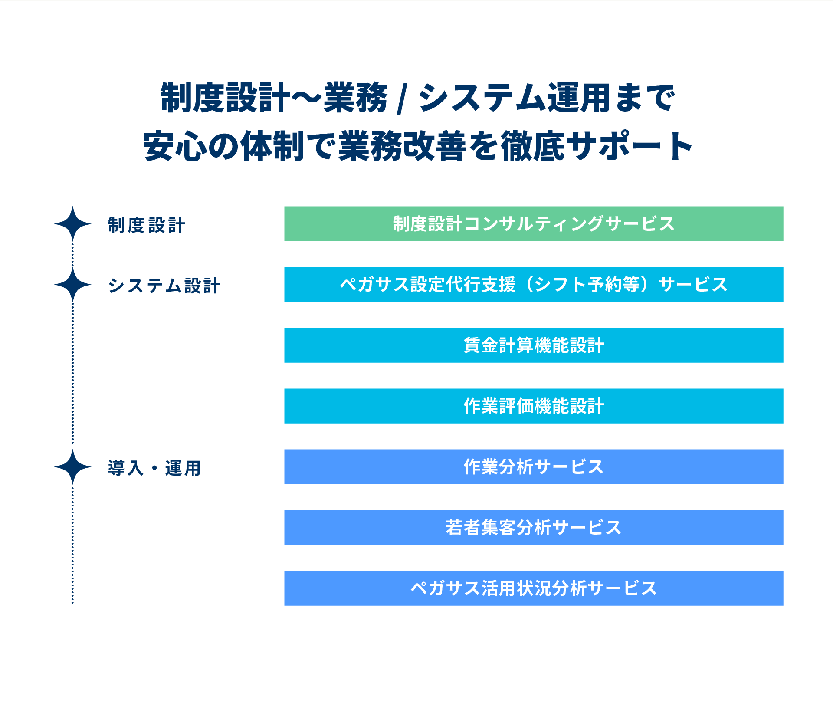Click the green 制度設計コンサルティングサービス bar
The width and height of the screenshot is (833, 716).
pyautogui.click(x=534, y=224)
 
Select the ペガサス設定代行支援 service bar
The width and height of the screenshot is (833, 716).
pyautogui.click(x=534, y=285)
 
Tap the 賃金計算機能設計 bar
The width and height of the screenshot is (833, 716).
pyautogui.click(x=534, y=345)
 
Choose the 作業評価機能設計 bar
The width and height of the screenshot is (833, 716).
pyautogui.click(x=534, y=406)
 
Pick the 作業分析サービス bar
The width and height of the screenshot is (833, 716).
pyautogui.click(x=534, y=467)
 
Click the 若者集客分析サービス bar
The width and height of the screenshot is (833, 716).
pyautogui.click(x=534, y=528)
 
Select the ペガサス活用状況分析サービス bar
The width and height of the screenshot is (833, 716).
pyautogui.click(x=534, y=588)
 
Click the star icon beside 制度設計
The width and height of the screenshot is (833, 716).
pyautogui.click(x=72, y=224)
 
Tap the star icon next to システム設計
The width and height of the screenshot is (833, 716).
pyautogui.click(x=72, y=285)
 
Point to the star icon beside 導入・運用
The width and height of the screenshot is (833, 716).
pyautogui.click(x=72, y=467)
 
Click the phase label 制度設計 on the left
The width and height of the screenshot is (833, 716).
pyautogui.click(x=147, y=225)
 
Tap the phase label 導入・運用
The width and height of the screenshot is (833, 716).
pyautogui.click(x=154, y=468)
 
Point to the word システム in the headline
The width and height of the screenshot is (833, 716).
pyautogui.click(x=481, y=98)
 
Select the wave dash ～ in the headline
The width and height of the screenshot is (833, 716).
pyautogui.click(x=306, y=98)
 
